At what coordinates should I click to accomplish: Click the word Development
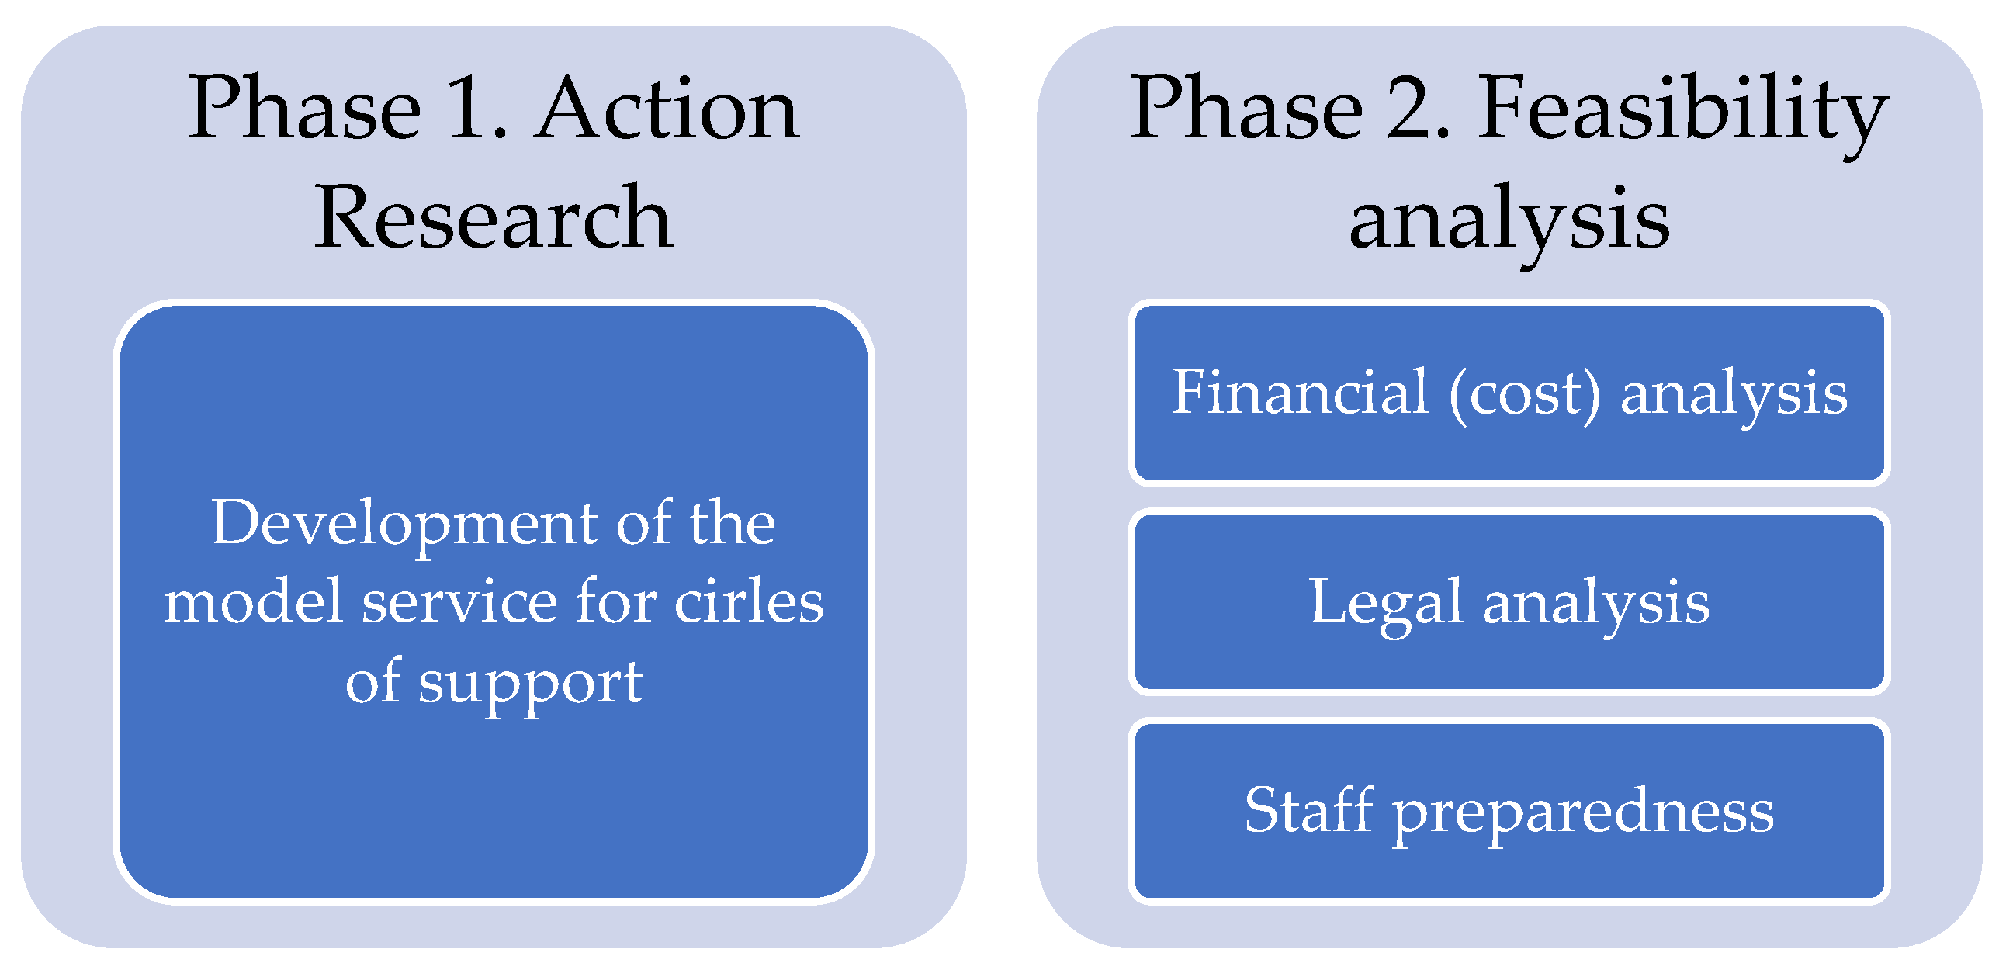click(404, 524)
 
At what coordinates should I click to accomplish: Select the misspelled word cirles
click(748, 602)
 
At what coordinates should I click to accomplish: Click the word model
click(252, 602)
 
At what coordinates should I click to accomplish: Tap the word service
click(459, 602)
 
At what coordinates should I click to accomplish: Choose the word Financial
click(1299, 393)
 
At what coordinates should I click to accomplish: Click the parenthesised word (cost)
click(1525, 394)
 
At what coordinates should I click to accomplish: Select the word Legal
click(1386, 604)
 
